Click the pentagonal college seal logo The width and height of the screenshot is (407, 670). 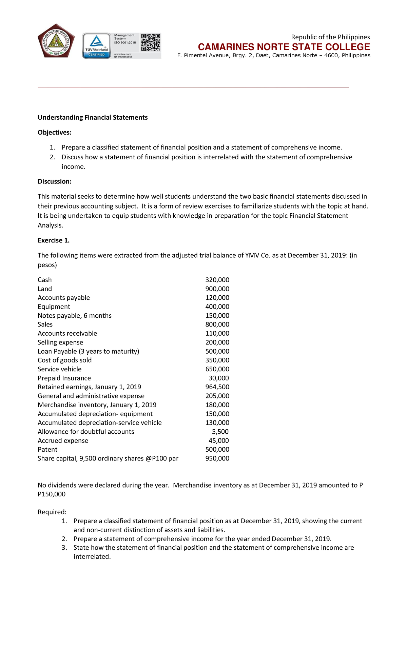(x=56, y=41)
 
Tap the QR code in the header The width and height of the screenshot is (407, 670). (x=151, y=42)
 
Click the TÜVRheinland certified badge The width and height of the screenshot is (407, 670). (x=97, y=45)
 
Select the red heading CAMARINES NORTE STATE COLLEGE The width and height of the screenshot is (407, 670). (x=284, y=47)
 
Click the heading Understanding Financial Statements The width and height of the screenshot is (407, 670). (x=93, y=117)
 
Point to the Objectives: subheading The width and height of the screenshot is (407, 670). (x=55, y=132)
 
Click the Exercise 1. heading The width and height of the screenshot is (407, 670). (x=54, y=240)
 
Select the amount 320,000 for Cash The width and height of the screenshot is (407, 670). (x=217, y=280)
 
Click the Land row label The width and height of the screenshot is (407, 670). (x=45, y=289)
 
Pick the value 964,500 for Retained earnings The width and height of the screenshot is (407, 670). (x=217, y=387)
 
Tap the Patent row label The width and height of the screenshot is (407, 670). (x=47, y=450)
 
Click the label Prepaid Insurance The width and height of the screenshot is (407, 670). (x=64, y=378)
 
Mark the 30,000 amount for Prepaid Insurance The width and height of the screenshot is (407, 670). (x=219, y=378)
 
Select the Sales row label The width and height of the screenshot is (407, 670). (x=45, y=324)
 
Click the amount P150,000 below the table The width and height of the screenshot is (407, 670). (x=52, y=494)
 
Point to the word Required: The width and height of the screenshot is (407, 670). (x=52, y=512)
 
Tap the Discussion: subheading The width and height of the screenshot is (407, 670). (x=55, y=181)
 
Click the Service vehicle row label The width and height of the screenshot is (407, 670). (x=59, y=369)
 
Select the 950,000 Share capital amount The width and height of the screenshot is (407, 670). (x=217, y=458)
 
